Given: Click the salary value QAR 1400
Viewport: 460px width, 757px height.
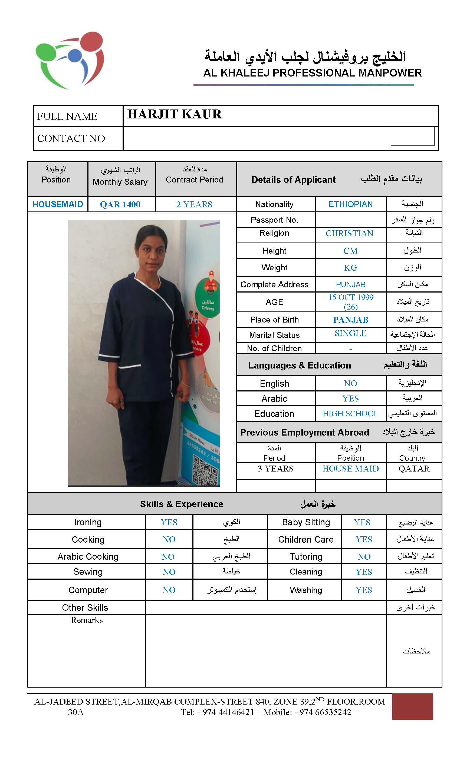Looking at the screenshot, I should tap(120, 204).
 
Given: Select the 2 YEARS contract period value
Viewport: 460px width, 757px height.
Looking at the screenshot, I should tap(194, 204).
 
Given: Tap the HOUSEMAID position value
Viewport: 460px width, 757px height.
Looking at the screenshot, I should tap(57, 204).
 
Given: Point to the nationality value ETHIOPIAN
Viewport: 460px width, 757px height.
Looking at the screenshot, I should tap(350, 204).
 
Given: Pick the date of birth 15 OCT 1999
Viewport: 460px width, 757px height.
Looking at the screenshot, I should tap(350, 297).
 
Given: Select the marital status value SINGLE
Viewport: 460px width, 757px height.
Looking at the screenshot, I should tap(350, 333).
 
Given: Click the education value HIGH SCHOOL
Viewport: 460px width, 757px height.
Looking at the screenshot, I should tap(350, 414).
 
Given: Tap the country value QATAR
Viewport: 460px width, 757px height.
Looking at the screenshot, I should tap(413, 469).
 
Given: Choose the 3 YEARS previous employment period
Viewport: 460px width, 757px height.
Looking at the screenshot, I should tap(275, 469).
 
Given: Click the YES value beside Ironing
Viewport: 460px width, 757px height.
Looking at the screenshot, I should tap(169, 523).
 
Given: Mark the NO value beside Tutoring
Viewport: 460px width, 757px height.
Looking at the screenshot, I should tap(364, 557).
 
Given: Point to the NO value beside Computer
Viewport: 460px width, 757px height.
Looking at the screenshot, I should tap(169, 590).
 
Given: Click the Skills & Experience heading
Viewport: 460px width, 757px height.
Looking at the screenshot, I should tap(181, 504).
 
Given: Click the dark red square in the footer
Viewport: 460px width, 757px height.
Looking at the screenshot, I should tap(412, 706).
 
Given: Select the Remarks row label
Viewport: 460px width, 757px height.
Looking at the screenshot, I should tap(87, 620).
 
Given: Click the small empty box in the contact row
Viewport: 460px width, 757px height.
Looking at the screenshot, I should tap(412, 137).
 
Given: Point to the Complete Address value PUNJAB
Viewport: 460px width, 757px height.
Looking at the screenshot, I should tap(350, 284).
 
